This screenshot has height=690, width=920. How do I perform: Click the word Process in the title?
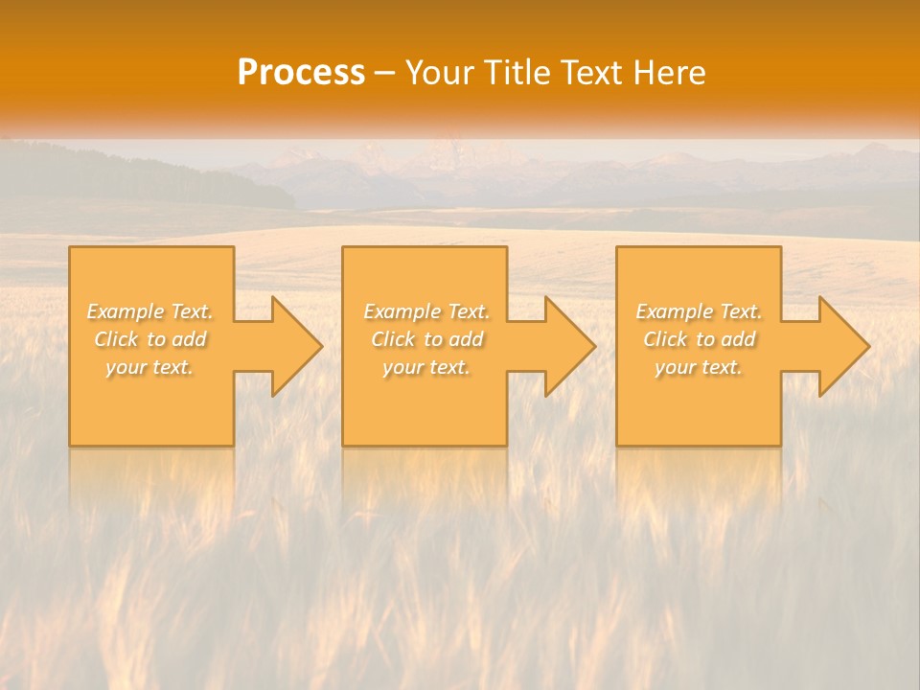(x=301, y=73)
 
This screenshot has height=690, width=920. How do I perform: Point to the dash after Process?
(x=385, y=74)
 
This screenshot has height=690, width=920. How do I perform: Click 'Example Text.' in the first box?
(x=150, y=311)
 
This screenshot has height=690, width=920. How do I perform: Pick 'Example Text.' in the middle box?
(x=426, y=311)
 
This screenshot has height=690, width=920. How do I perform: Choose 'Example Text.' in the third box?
(x=699, y=311)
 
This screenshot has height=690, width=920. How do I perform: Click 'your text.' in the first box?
(x=149, y=367)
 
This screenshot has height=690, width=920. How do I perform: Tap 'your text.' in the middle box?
(x=426, y=367)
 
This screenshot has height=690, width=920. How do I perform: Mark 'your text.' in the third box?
(x=699, y=367)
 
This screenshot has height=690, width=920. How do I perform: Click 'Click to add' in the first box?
(x=150, y=339)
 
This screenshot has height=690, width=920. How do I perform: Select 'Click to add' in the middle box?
(x=426, y=339)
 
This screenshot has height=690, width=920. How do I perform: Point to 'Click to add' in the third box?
(x=699, y=339)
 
